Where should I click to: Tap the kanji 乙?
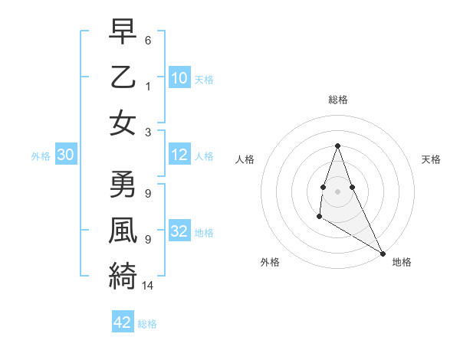tap(123, 77)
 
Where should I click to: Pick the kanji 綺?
tap(123, 273)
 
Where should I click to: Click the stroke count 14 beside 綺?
tap(148, 286)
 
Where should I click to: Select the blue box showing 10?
tap(179, 77)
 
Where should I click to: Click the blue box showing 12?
tap(179, 155)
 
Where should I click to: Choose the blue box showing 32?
tap(179, 232)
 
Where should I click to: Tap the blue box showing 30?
tap(66, 155)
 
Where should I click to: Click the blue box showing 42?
tap(123, 322)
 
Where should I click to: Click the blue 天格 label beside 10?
tap(204, 80)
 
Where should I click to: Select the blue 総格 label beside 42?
tap(147, 324)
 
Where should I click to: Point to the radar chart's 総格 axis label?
tap(337, 100)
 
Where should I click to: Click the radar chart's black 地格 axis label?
tap(402, 262)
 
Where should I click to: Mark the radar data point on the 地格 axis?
tap(383, 253)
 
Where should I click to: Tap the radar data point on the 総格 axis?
tap(337, 146)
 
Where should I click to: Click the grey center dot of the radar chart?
tap(337, 191)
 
